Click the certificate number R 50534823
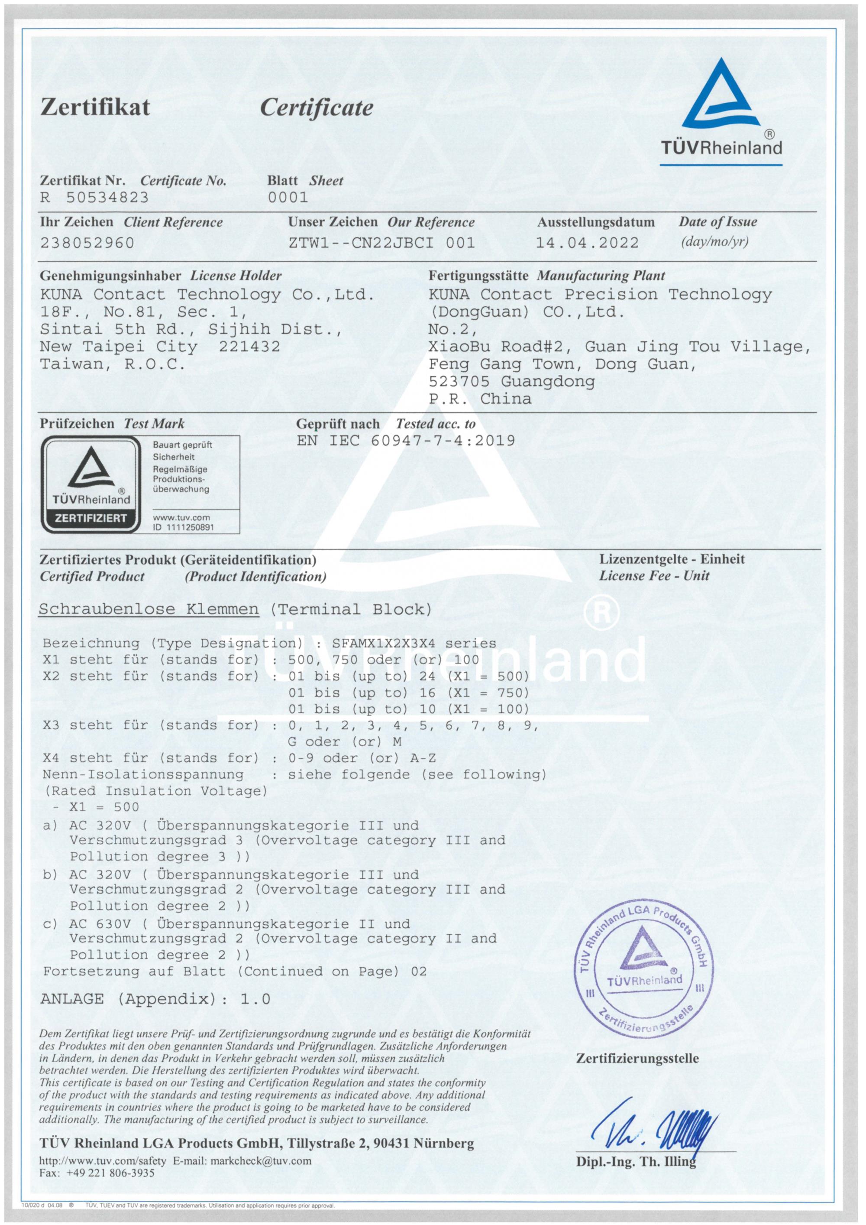(94, 198)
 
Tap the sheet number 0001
(288, 198)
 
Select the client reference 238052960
(87, 243)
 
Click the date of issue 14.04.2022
(587, 243)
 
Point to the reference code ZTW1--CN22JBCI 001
(381, 243)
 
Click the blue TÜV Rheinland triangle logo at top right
(721, 96)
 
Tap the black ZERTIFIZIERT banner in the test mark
(91, 518)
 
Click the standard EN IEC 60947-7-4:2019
(405, 441)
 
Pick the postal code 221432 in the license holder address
(249, 346)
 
